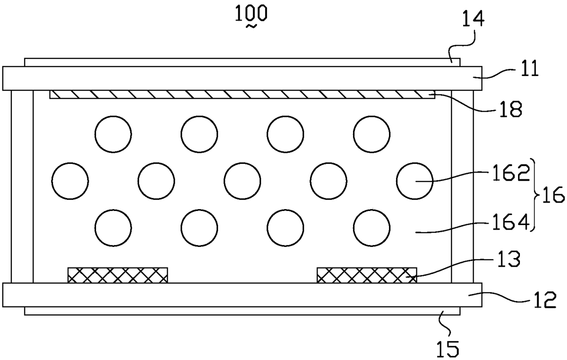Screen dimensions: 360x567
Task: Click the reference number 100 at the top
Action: pyautogui.click(x=251, y=13)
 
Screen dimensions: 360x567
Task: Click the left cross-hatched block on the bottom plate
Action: pyautogui.click(x=118, y=275)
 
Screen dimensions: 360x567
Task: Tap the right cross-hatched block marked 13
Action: pyautogui.click(x=367, y=275)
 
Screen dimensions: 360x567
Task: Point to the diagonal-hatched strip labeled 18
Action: pyautogui.click(x=242, y=94)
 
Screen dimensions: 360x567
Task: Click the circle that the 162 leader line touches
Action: pyautogui.click(x=414, y=180)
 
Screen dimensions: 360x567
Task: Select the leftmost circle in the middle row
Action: pyautogui.click(x=70, y=180)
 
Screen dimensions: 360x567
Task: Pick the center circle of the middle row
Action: pyautogui.click(x=242, y=180)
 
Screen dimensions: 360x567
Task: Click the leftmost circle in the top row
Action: pyautogui.click(x=113, y=134)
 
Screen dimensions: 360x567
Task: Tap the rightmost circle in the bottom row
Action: pyautogui.click(x=372, y=227)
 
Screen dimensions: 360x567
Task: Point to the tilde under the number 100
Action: pyautogui.click(x=251, y=27)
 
